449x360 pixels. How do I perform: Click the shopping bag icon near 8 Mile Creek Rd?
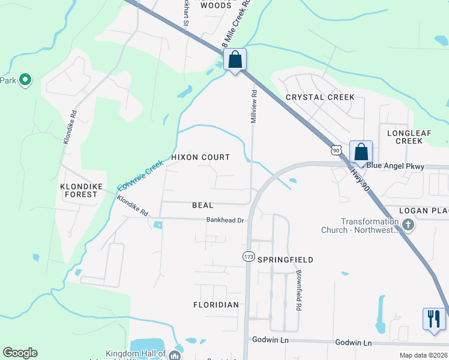235,59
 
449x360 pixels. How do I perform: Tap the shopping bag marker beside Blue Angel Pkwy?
361,152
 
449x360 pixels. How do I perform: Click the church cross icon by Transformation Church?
408,226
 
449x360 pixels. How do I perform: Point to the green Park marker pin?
25,80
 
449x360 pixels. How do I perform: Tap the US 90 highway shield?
336,149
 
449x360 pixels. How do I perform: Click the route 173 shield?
248,256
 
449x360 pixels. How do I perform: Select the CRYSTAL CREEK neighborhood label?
320,97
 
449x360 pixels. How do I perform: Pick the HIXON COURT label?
200,157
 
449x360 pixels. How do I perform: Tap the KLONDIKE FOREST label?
79,190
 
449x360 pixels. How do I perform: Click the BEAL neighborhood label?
202,205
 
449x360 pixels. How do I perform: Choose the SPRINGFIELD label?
285,260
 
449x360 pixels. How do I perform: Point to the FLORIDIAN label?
216,305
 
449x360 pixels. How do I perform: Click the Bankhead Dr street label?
224,220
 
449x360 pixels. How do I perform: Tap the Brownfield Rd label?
298,290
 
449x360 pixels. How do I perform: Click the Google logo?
20,353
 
